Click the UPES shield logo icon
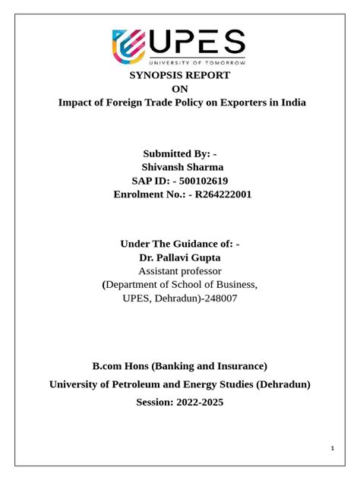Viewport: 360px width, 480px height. (131, 46)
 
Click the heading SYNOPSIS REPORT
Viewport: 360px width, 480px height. (180, 75)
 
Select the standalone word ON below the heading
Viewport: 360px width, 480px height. (180, 89)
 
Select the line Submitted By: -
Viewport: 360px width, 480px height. (180, 153)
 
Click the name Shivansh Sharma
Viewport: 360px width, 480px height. (183, 167)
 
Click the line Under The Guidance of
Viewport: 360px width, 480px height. (180, 243)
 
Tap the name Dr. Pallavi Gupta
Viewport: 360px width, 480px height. (180, 257)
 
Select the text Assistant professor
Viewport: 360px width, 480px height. (180, 270)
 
